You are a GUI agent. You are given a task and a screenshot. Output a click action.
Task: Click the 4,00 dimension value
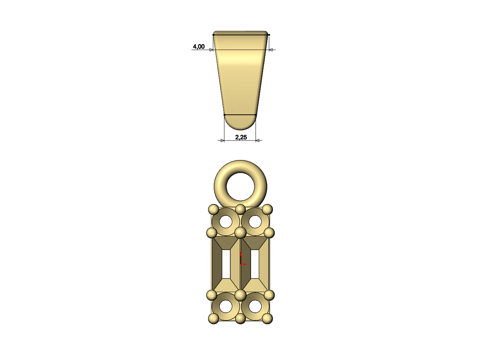click(199, 47)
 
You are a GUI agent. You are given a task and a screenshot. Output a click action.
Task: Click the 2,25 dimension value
click(241, 138)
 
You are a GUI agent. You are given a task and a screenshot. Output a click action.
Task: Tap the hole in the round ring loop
click(240, 187)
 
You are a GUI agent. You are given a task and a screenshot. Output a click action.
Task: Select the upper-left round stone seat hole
click(226, 222)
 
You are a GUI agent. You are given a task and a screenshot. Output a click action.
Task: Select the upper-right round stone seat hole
click(255, 222)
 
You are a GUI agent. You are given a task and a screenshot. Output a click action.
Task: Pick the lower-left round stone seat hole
click(226, 306)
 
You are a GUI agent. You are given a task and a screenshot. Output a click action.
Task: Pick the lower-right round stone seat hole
click(255, 306)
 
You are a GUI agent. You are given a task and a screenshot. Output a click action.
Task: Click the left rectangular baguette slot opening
click(226, 264)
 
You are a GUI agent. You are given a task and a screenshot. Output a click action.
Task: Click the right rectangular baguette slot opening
click(255, 264)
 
